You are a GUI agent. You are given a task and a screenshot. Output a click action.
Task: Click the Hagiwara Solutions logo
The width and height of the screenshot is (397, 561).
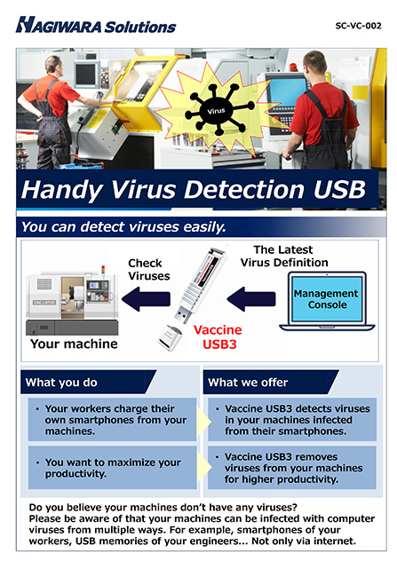96,26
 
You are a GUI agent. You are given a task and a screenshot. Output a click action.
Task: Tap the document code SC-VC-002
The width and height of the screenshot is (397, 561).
358,26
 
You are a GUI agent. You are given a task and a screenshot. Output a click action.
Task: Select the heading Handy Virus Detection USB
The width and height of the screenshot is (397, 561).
194,189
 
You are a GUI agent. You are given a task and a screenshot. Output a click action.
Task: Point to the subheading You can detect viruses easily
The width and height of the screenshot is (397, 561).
123,227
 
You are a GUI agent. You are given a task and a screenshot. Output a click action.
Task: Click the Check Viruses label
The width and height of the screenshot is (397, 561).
148,270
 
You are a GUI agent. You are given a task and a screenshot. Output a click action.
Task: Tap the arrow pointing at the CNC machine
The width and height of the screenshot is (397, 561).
146,299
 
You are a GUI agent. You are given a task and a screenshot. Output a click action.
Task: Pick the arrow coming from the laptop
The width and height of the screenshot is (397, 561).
251,299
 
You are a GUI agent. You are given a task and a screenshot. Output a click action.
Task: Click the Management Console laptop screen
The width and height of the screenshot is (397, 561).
327,299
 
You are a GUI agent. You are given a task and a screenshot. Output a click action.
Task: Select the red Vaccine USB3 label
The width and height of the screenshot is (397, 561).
218,336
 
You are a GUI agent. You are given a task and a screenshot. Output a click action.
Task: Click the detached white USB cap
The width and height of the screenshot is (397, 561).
170,337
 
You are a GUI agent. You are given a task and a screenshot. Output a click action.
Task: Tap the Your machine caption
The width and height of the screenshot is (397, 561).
74,344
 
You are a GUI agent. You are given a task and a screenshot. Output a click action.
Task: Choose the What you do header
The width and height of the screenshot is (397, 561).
61,383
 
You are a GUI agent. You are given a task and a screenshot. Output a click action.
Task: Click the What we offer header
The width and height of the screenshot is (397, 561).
248,383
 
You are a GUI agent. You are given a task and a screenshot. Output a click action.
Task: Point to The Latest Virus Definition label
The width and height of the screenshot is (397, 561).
284,257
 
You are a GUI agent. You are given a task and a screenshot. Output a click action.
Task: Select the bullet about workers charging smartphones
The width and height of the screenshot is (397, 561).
112,420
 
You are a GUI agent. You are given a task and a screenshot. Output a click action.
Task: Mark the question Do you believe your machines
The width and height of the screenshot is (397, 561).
163,508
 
